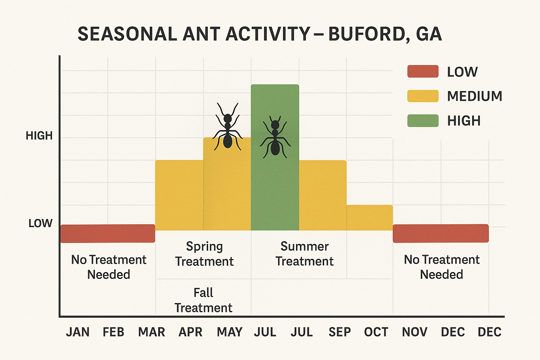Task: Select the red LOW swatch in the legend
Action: click(x=423, y=71)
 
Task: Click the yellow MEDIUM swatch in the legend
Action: click(x=423, y=96)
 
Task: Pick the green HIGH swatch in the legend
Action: click(x=423, y=121)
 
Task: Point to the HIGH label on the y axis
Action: click(x=39, y=136)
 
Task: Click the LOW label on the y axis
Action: click(x=40, y=223)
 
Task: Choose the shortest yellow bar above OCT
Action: click(x=369, y=218)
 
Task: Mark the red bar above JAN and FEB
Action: click(x=108, y=233)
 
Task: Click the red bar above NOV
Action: click(x=441, y=233)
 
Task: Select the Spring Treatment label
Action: click(x=204, y=254)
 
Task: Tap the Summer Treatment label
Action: click(x=304, y=254)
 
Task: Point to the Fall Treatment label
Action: click(x=204, y=300)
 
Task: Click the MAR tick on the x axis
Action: click(x=152, y=332)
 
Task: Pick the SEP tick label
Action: click(x=340, y=332)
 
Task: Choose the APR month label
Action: click(x=191, y=332)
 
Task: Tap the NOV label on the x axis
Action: click(x=414, y=332)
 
